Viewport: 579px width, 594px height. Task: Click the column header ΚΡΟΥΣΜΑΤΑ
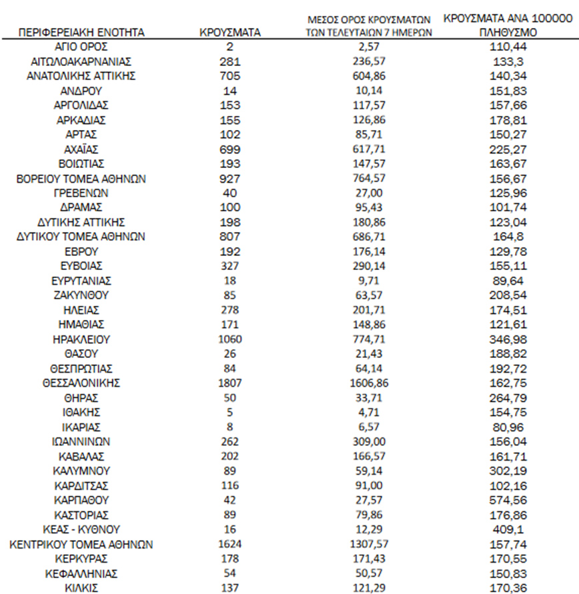(x=230, y=32)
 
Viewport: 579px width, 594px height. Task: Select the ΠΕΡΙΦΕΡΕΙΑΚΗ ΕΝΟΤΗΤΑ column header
(x=82, y=32)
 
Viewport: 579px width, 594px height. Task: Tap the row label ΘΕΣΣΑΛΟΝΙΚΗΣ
(x=82, y=383)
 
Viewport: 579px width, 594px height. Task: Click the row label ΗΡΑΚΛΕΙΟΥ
(x=82, y=339)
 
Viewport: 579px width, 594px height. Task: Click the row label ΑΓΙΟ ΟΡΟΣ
(x=82, y=47)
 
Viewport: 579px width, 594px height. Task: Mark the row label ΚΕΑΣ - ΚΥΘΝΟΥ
(x=82, y=529)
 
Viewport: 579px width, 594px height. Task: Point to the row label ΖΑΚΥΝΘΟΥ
(x=82, y=295)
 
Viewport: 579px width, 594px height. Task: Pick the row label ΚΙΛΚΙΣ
(x=82, y=587)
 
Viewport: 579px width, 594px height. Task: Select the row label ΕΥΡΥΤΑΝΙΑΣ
(x=82, y=280)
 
